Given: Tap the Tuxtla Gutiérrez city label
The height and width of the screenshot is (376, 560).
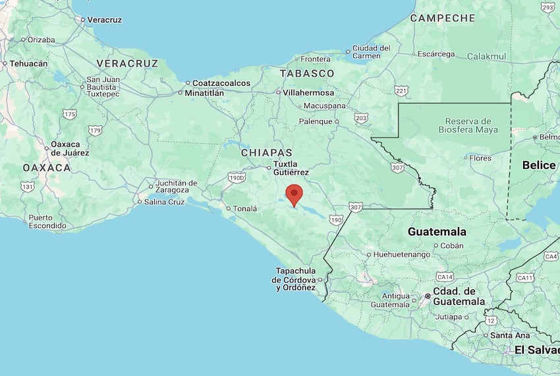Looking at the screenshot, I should pos(291,168).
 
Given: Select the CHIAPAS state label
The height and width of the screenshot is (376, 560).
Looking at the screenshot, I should pos(266,152).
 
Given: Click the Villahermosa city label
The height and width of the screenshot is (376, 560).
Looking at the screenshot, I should pos(310,92).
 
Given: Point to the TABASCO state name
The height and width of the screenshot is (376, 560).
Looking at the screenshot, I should pos(307,73).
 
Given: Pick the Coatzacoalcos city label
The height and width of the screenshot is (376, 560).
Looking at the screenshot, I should pos(221,83).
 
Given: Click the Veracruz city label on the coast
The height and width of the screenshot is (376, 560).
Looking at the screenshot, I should pos(105,20).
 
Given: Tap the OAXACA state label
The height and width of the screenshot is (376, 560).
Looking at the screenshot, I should pos(46,168).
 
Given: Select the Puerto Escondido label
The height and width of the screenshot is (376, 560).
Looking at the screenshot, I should pos(47,222).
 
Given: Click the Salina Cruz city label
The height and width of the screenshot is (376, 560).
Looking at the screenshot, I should pos(163,202).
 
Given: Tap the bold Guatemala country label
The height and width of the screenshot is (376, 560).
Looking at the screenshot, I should pos(437,232).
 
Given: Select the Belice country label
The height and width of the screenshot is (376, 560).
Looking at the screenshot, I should pos(539,165).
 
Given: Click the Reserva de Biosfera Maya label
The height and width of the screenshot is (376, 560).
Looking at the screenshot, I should pos(468,125).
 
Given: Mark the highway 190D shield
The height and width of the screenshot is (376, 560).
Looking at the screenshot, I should pos(236,177).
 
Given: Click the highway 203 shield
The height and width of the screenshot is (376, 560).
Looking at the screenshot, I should pos(361,117).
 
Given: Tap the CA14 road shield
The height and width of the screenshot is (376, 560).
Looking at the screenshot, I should pos(445,277).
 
